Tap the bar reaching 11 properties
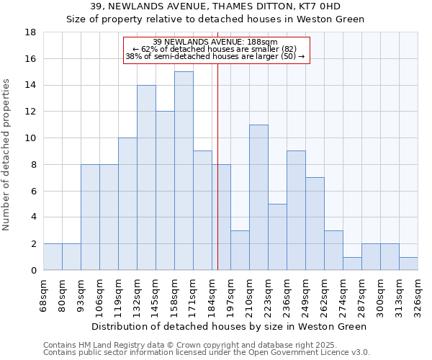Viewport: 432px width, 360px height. coord(258,197)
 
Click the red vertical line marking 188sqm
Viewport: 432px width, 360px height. coord(217,180)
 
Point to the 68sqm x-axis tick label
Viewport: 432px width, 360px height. coord(44,294)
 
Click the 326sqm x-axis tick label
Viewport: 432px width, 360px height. coord(418,294)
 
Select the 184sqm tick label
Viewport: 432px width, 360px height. coord(212,294)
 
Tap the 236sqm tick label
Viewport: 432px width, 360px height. coord(287,294)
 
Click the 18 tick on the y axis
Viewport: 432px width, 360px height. coord(30,32)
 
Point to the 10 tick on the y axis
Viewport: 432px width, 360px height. coord(30,138)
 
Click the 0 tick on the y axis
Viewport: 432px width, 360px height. coord(33,271)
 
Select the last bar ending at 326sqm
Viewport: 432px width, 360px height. coord(408,264)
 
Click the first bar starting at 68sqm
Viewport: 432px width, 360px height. coord(53,257)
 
